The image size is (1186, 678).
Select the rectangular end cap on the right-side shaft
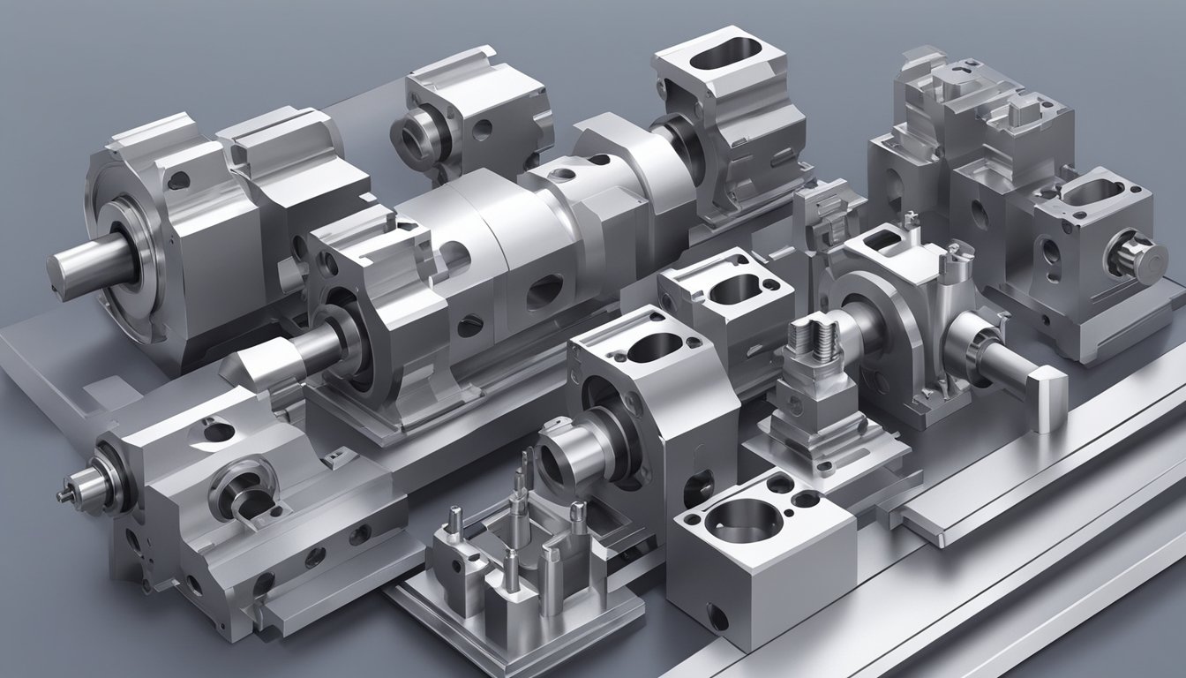coord(1050,400)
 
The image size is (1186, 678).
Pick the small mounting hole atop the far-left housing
coord(179,181)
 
